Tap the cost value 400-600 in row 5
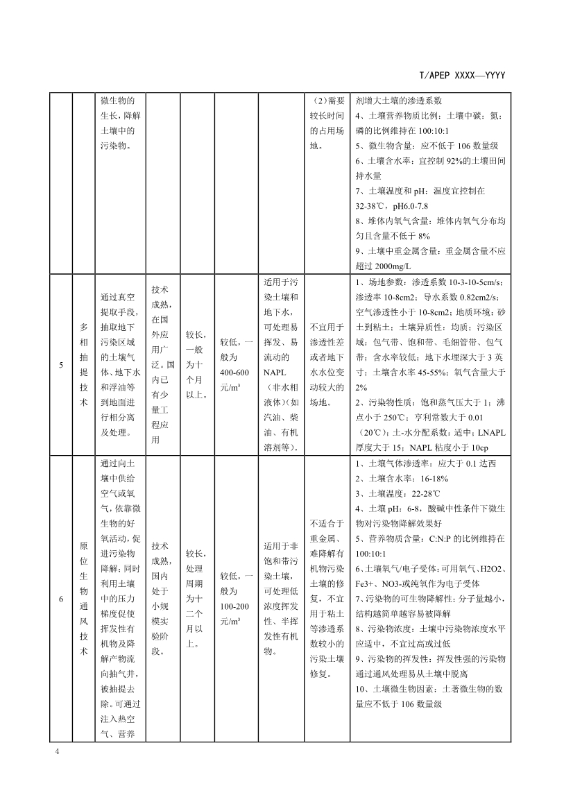[234, 372]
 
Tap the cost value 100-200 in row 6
[234, 606]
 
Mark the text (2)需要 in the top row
[326, 100]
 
